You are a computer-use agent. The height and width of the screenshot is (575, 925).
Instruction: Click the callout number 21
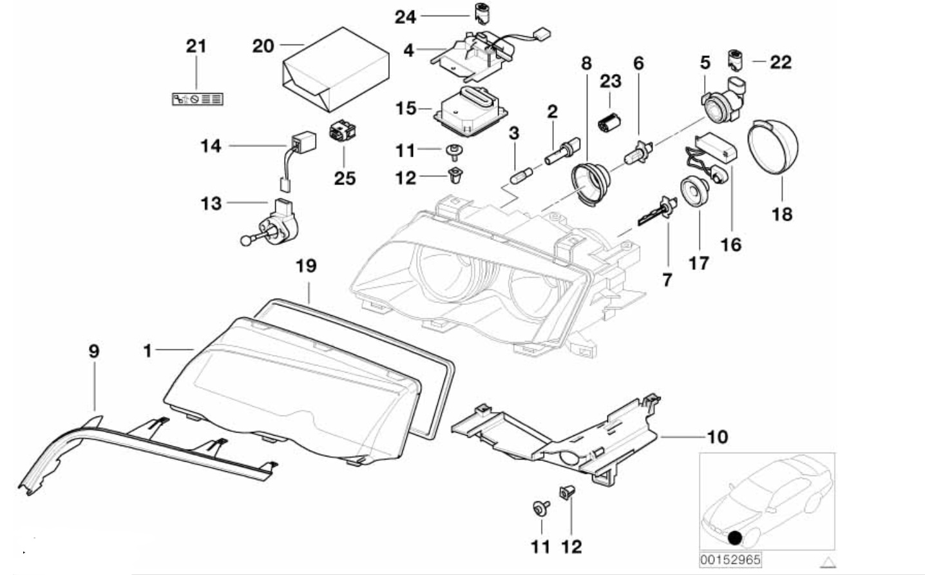pyautogui.click(x=196, y=46)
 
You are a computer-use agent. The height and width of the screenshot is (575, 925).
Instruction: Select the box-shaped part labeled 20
pyautogui.click(x=335, y=67)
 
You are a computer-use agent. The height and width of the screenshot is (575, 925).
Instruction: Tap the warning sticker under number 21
pyautogui.click(x=196, y=99)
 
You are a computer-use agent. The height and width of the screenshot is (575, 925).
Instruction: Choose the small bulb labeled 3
pyautogui.click(x=519, y=174)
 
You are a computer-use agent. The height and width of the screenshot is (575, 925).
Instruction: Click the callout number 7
pyautogui.click(x=667, y=279)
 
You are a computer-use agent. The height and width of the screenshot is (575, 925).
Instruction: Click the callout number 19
pyautogui.click(x=307, y=265)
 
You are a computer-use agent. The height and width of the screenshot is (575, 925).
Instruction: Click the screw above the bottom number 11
pyautogui.click(x=538, y=507)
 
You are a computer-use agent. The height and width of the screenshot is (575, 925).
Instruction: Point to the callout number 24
pyautogui.click(x=405, y=16)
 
